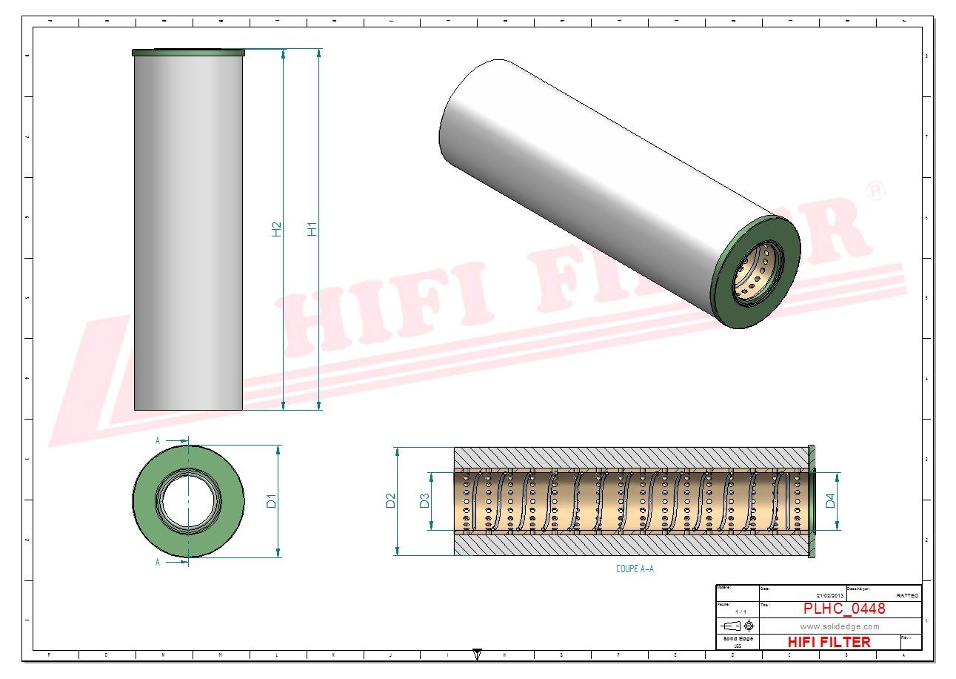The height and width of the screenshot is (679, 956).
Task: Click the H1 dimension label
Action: coord(312,229)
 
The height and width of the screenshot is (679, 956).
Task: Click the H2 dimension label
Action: coord(277,229)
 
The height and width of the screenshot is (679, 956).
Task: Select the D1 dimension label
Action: coord(272,501)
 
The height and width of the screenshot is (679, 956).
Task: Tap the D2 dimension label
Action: coord(390,501)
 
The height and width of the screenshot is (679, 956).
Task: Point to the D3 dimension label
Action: coord(425,501)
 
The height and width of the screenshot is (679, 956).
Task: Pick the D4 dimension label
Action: coord(831,501)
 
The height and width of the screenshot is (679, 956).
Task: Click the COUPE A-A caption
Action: coord(635,569)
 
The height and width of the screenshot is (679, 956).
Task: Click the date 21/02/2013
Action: coord(829,595)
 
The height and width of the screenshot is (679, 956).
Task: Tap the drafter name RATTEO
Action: coord(907,595)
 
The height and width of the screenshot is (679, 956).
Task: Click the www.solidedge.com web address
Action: coord(840,626)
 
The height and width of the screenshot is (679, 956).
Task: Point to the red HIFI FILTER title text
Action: coord(829,642)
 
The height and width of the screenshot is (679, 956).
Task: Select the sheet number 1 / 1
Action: coord(738,612)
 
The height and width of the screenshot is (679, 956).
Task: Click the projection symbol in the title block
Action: coord(738,626)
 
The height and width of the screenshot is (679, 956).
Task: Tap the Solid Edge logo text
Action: coord(738,639)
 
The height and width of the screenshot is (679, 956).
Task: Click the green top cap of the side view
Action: coord(188,53)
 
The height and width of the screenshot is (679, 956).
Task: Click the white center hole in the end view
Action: coord(188,501)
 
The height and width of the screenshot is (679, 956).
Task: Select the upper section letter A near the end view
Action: coord(158,440)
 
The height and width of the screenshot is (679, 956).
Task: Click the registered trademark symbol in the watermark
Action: coord(875,191)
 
